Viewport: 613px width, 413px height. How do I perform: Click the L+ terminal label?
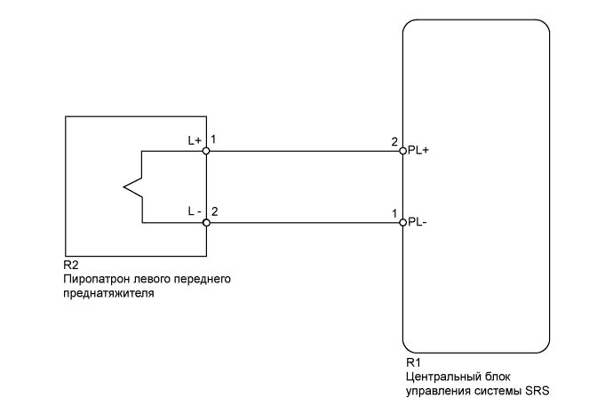(x=195, y=141)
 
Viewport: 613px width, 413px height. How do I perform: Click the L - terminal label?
(x=194, y=212)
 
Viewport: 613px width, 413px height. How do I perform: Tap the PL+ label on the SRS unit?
(x=418, y=151)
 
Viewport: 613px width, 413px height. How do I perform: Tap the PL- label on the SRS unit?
(x=417, y=222)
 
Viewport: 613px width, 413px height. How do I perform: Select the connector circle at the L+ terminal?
(x=206, y=151)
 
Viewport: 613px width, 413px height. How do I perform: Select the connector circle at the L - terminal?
(x=206, y=222)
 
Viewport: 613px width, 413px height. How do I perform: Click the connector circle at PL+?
(x=403, y=151)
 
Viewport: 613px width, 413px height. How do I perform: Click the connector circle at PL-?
(x=403, y=222)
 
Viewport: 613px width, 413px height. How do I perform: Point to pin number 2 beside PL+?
(x=394, y=141)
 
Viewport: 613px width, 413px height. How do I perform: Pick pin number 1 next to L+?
(x=214, y=141)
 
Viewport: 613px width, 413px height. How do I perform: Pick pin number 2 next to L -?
(x=214, y=212)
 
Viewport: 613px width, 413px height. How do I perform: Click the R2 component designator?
(x=71, y=266)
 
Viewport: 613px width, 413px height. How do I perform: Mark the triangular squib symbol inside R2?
(x=133, y=187)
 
